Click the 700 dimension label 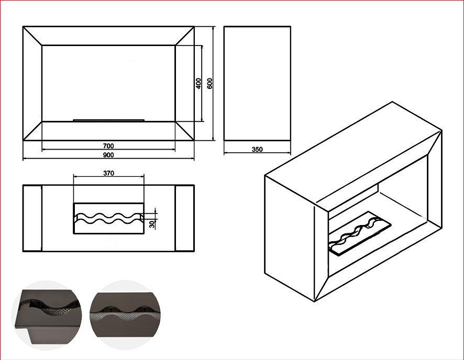coord(108,145)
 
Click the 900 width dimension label coord(108,155)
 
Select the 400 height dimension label coord(198,83)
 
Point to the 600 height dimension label coord(209,83)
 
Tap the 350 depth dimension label coord(257,150)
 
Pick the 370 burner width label coord(108,173)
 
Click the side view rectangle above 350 coord(257,83)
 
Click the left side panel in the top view coord(32,218)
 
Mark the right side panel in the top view coord(185,218)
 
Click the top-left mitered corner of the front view coord(32,36)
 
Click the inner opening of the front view coord(108,81)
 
